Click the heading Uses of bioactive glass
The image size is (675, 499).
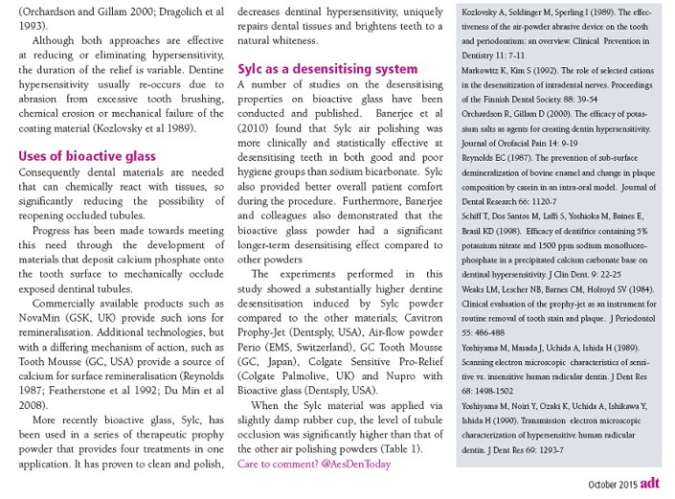point(88,156)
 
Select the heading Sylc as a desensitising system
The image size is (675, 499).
point(327,69)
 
